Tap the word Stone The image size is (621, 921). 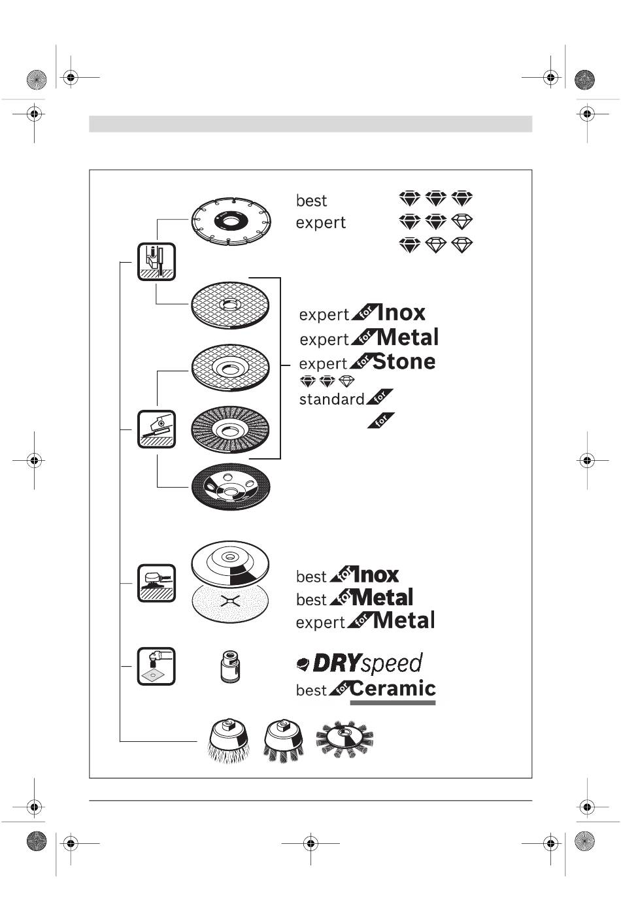point(404,361)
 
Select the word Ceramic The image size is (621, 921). point(393,688)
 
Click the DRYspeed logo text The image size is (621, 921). point(360,664)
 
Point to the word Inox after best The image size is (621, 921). point(375,575)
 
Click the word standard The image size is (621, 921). point(331,399)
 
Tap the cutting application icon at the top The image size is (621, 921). point(156,261)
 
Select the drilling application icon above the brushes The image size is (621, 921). point(156,666)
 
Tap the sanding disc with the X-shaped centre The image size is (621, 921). point(230,603)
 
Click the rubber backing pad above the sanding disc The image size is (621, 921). point(230,561)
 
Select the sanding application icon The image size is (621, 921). point(156,583)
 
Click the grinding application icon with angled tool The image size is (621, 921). point(156,429)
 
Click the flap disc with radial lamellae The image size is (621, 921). point(230,429)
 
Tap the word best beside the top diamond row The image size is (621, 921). point(311,201)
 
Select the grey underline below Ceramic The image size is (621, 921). point(393,703)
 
